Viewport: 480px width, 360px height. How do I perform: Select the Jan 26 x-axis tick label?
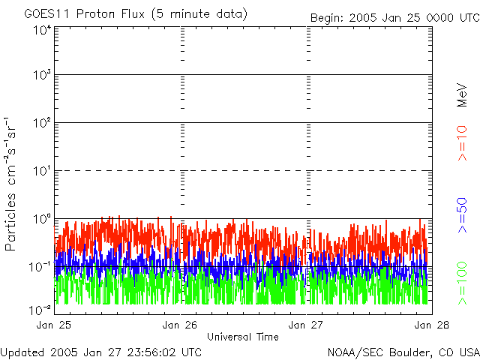tap(181, 325)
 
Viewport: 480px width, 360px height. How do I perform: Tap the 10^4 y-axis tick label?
tap(41, 30)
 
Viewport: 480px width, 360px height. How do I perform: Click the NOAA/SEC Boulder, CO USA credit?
tap(403, 352)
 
